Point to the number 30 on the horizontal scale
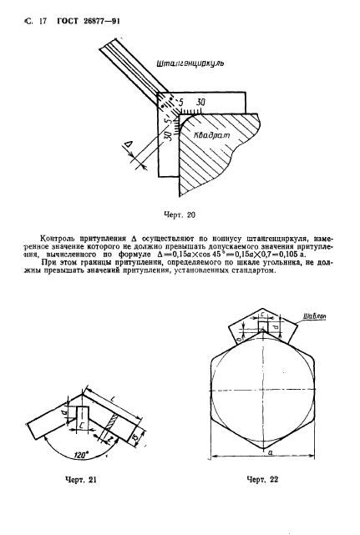tap(201, 103)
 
